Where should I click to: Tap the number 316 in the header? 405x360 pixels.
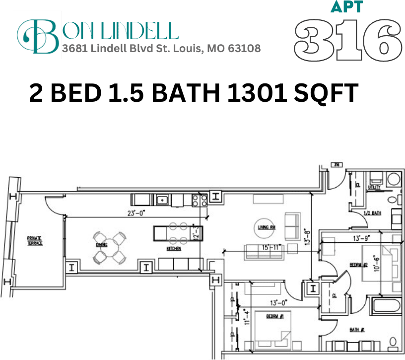coord(347,40)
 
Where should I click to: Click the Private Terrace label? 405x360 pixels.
coord(35,241)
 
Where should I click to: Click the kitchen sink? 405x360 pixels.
coord(162,200)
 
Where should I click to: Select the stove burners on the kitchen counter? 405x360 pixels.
coord(200,200)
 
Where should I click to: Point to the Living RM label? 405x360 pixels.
coord(267,227)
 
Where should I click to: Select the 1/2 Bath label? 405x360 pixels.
coord(372,213)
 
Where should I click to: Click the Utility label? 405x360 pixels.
coord(374,187)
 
